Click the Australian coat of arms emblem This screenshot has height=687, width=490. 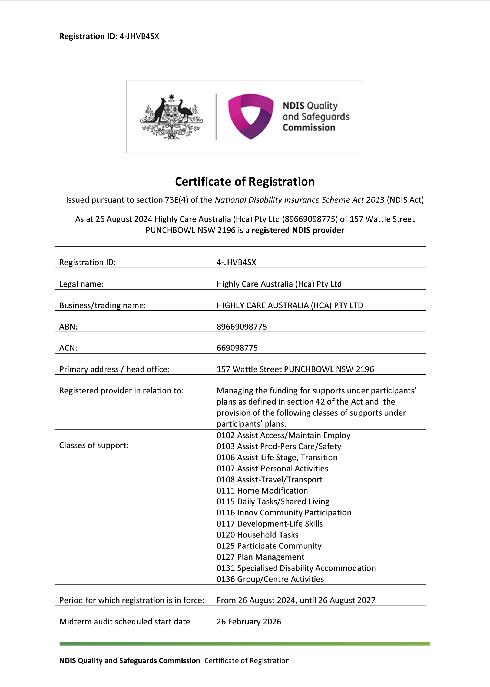pyautogui.click(x=171, y=117)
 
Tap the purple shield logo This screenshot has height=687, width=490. pyautogui.click(x=250, y=116)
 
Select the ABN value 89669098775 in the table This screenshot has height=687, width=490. pyautogui.click(x=242, y=327)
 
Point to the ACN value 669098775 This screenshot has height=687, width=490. pyautogui.click(x=237, y=348)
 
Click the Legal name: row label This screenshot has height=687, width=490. pyautogui.click(x=81, y=284)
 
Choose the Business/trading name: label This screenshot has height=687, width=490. pyautogui.click(x=102, y=305)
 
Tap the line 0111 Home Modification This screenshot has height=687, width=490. pyautogui.click(x=262, y=491)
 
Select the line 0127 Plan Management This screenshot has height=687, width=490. pyautogui.click(x=260, y=557)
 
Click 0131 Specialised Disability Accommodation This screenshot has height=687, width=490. pyautogui.click(x=296, y=568)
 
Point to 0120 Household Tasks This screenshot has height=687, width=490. pyautogui.click(x=257, y=535)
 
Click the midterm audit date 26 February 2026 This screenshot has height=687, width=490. pyautogui.click(x=249, y=622)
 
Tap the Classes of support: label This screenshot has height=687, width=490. pyautogui.click(x=94, y=445)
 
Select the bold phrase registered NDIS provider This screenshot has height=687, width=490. pyautogui.click(x=298, y=230)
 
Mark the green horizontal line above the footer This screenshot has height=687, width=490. pyautogui.click(x=245, y=644)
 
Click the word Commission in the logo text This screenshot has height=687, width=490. pyautogui.click(x=309, y=128)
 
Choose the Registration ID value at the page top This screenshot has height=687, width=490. pyautogui.click(x=139, y=37)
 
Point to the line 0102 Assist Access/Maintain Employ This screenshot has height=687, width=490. pyautogui.click(x=283, y=435)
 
